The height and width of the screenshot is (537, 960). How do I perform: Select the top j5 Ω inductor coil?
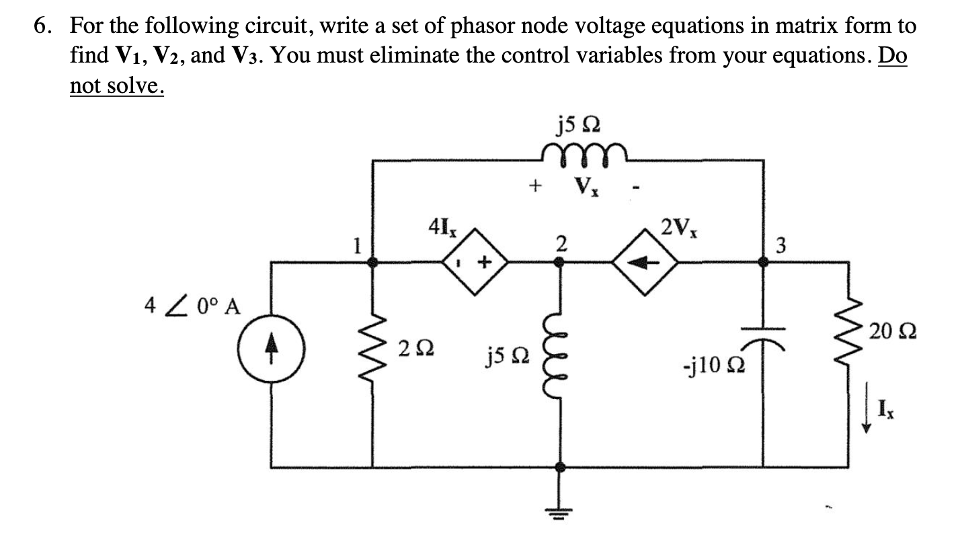pos(584,150)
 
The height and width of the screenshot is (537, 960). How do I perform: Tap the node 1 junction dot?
pos(374,264)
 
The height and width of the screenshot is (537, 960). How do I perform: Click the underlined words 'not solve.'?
pos(117,85)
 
